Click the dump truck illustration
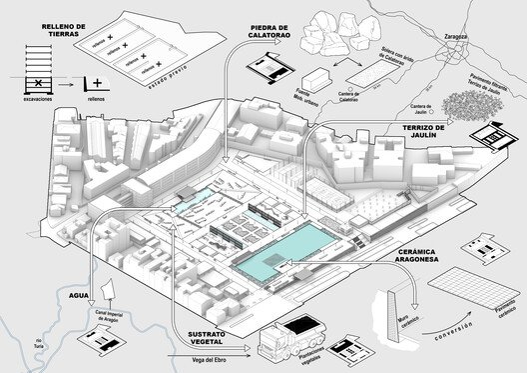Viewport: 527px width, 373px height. point(295,340)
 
